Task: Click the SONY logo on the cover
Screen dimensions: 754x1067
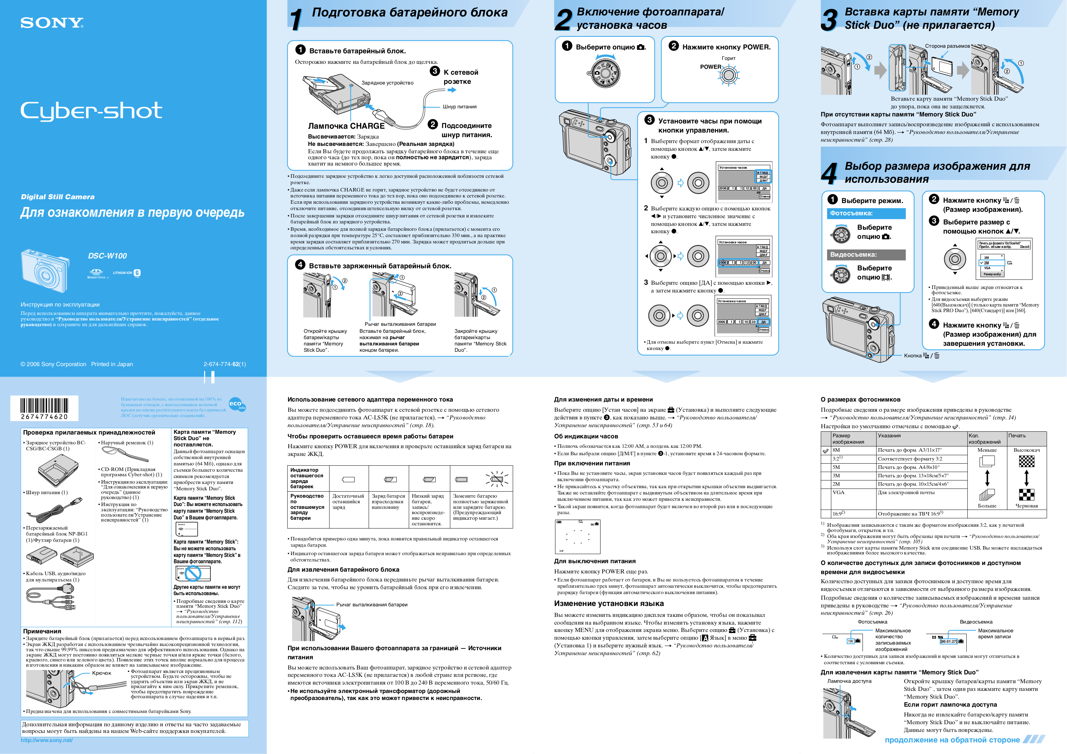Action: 52,23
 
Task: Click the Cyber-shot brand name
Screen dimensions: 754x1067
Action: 91,112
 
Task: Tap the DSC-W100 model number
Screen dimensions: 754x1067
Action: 107,256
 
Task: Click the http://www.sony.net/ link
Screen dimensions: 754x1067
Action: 46,740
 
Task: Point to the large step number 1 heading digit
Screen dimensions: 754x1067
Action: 296,20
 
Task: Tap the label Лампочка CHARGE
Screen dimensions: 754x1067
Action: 346,126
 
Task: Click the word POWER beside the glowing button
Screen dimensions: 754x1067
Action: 711,67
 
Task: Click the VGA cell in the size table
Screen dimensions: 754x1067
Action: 838,492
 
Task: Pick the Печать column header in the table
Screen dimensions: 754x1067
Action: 1017,436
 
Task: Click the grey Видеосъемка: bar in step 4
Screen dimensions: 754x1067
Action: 866,255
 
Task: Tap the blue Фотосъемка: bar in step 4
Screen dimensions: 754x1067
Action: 866,214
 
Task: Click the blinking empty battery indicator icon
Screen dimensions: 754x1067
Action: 496,479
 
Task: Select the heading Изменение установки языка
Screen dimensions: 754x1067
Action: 609,604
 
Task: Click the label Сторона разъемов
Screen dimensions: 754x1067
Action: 947,46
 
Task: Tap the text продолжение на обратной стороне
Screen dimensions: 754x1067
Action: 952,740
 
